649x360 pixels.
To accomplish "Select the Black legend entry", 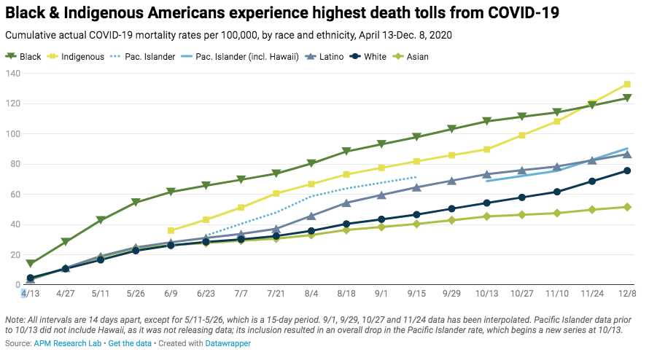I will [x=25, y=56].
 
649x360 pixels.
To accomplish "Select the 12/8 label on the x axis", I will [x=626, y=293].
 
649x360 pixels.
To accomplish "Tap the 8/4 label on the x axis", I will [x=311, y=293].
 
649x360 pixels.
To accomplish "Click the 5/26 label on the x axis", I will [x=136, y=293].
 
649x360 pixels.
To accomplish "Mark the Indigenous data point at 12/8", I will [x=627, y=85].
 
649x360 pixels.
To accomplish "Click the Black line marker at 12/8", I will [x=627, y=98].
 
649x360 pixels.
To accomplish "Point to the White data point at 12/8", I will [x=627, y=171].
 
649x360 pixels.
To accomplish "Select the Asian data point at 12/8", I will [x=627, y=207].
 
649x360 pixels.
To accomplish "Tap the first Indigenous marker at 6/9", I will [x=171, y=230].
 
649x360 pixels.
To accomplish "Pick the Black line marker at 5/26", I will [x=136, y=203].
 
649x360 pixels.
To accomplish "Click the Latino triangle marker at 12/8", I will [x=627, y=154].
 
